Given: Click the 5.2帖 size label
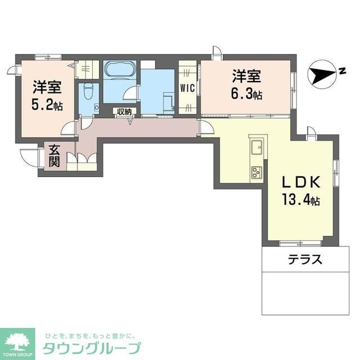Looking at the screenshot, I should click(x=46, y=104).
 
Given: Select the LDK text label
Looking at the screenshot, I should click(x=301, y=183).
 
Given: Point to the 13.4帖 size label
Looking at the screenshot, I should click(x=301, y=200).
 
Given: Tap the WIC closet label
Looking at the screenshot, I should click(x=187, y=88).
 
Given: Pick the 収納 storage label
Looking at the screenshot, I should click(x=124, y=112).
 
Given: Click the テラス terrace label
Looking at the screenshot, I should click(x=305, y=260).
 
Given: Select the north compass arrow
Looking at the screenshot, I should click(x=323, y=74).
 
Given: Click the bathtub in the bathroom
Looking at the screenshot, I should click(x=119, y=70).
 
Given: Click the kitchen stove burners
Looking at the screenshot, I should click(x=256, y=170).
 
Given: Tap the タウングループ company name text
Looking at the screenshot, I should click(x=92, y=346).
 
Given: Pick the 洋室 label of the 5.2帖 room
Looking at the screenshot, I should click(x=46, y=87).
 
